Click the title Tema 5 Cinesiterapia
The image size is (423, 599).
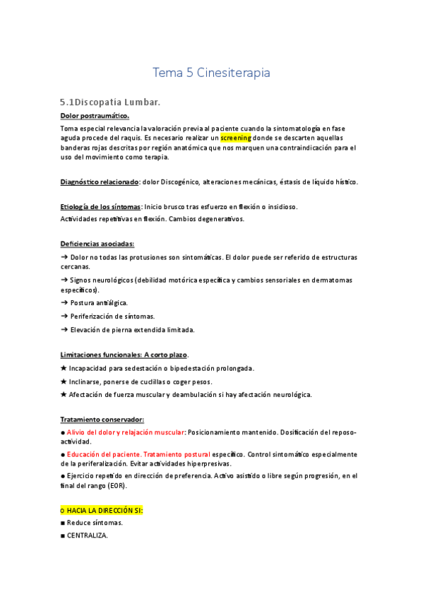coord(211,73)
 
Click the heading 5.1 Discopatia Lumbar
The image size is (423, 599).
coord(110,102)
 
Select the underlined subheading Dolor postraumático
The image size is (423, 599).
coord(95,116)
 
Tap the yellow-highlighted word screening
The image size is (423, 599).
coord(241,138)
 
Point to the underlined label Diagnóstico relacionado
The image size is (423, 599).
coord(99,182)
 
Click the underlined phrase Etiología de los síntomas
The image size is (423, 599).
coord(100,207)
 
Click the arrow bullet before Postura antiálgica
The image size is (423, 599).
coord(64,303)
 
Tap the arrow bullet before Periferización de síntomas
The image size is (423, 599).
coord(64,316)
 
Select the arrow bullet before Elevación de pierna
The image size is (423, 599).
coord(64,329)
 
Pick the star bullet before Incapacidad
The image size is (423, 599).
coord(64,368)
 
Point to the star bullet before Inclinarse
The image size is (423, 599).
coord(64,381)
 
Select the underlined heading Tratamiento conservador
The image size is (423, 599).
coord(102,419)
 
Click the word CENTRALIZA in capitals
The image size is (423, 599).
coord(88,535)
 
